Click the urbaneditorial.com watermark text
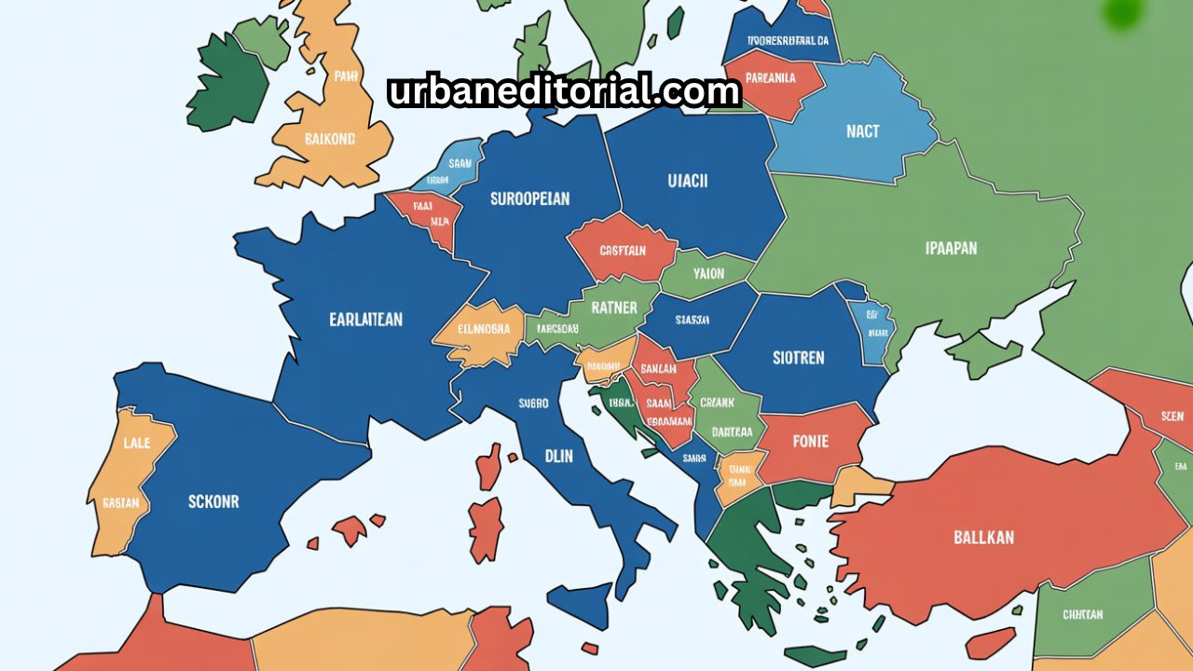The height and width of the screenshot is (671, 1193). click(x=564, y=91)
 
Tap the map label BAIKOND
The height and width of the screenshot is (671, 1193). click(x=330, y=139)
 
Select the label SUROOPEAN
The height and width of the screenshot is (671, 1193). click(x=529, y=199)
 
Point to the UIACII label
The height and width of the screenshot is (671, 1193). click(x=688, y=181)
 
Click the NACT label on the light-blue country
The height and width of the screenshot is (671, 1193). click(x=862, y=131)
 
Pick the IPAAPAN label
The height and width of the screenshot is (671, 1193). click(x=951, y=249)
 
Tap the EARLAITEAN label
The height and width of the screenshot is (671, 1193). click(x=365, y=320)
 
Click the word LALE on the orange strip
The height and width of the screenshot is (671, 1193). click(x=136, y=445)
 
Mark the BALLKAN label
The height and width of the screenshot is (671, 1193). click(x=983, y=538)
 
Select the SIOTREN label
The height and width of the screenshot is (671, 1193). click(x=799, y=357)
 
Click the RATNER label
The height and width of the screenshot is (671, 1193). click(x=614, y=308)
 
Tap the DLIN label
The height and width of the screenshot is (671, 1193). click(x=558, y=457)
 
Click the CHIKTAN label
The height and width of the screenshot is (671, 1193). click(x=1082, y=614)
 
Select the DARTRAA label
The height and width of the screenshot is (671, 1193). click(x=732, y=431)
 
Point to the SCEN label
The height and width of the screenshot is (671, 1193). click(x=1172, y=417)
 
